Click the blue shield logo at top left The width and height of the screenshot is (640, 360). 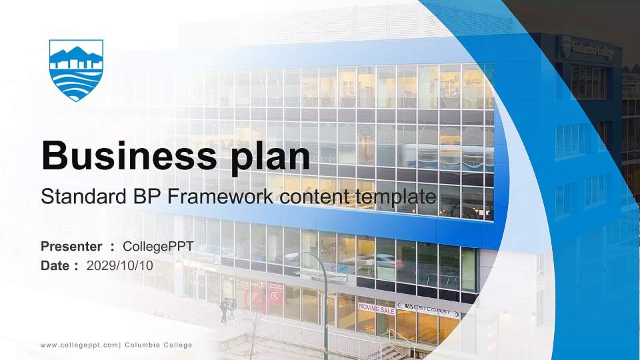76,69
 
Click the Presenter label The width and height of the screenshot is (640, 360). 71,247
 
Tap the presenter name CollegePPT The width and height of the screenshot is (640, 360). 158,247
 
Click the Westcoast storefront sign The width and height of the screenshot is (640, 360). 428,309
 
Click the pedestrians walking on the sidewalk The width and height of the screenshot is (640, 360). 228,309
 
